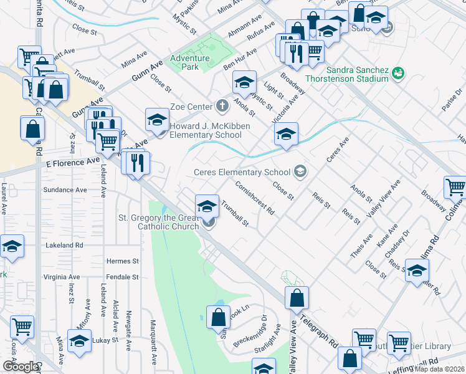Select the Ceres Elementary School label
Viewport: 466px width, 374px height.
(x=242, y=172)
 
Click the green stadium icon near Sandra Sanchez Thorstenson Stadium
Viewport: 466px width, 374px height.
(x=398, y=75)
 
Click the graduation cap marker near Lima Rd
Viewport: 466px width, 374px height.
(x=417, y=271)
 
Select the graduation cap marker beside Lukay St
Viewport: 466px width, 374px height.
(x=79, y=340)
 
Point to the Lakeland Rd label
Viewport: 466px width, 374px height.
(x=64, y=246)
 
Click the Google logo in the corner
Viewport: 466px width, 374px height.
(x=20, y=367)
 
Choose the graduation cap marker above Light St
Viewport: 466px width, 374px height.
(x=245, y=82)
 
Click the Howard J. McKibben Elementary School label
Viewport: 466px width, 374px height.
(x=206, y=130)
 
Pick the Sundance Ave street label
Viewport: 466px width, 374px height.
(x=64, y=189)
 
